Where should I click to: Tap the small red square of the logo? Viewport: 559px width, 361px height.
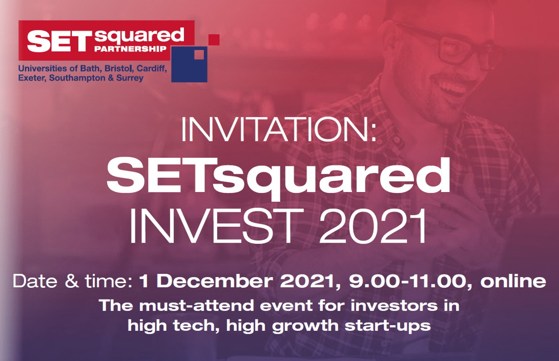click(214, 39)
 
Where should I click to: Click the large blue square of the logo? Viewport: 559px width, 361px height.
click(190, 64)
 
